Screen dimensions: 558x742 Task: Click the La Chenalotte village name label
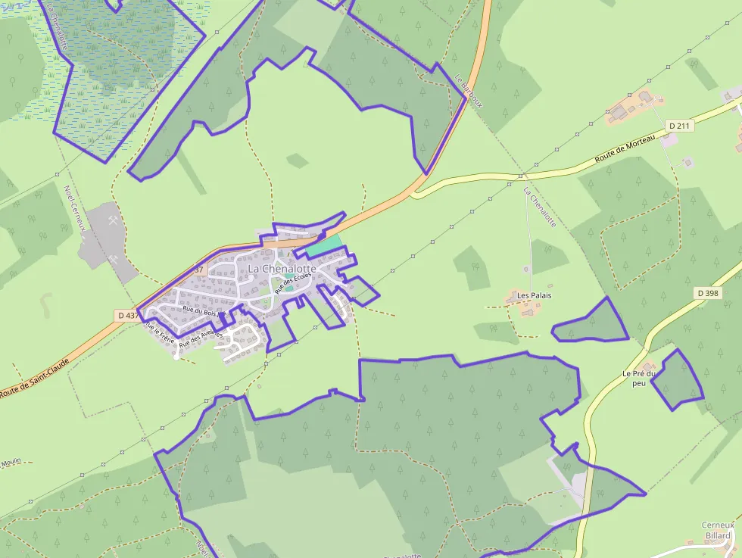[x=282, y=269]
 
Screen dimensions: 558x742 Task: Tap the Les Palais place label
[x=535, y=295]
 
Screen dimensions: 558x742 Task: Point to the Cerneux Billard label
[x=718, y=530]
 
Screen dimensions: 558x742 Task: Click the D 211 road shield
[x=679, y=125]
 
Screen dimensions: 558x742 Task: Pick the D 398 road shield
[x=707, y=293]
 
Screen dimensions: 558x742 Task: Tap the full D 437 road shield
[x=126, y=314]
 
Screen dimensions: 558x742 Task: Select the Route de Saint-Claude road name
[x=35, y=378]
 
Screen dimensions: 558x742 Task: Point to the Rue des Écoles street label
[x=293, y=282]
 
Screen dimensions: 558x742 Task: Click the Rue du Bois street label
[x=200, y=310]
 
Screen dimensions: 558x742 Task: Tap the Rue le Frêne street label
[x=160, y=333]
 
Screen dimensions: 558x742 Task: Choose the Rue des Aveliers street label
[x=201, y=338]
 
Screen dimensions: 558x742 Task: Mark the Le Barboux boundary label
[x=469, y=91]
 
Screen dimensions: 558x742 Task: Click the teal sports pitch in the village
[x=323, y=245]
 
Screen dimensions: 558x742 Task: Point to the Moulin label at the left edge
[x=10, y=463]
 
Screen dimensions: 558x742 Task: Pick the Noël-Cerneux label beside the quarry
[x=76, y=208]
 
